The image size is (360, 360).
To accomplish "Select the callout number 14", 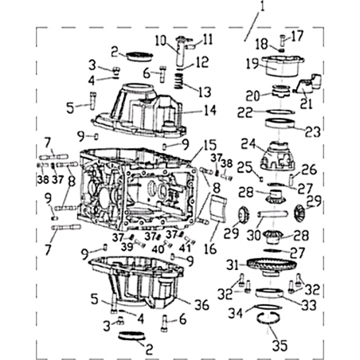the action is [x=210, y=110].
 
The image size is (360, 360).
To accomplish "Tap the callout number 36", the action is [x=202, y=305].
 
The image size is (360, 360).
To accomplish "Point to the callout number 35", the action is [x=280, y=345].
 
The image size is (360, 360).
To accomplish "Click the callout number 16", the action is [x=210, y=248].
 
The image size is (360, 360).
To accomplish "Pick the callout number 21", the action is [x=306, y=104].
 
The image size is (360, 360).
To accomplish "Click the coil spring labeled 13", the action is [x=179, y=81].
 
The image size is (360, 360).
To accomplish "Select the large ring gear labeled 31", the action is [x=272, y=267].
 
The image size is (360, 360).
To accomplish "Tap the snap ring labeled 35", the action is [x=268, y=322].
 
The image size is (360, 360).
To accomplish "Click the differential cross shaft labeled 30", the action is [x=272, y=213].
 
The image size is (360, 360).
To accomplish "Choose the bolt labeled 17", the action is [x=282, y=41].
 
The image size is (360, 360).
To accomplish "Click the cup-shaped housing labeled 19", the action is [x=282, y=66].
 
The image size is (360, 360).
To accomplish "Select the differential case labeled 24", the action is [x=277, y=156].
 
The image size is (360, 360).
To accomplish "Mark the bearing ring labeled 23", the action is [x=280, y=123].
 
